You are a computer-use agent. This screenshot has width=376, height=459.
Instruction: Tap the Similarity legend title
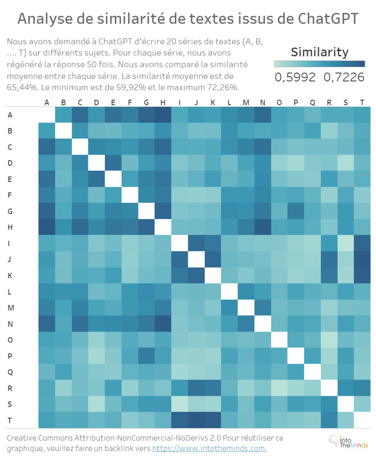319,52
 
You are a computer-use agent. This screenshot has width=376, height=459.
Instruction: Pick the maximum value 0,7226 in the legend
344,77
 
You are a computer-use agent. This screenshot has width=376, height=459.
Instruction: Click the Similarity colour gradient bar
319,64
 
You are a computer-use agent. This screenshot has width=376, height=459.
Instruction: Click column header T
362,103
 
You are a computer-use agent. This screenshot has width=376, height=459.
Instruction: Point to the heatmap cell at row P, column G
146,356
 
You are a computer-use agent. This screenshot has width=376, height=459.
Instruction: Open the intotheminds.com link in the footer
210,448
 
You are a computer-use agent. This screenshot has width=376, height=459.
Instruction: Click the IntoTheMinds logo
347,442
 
